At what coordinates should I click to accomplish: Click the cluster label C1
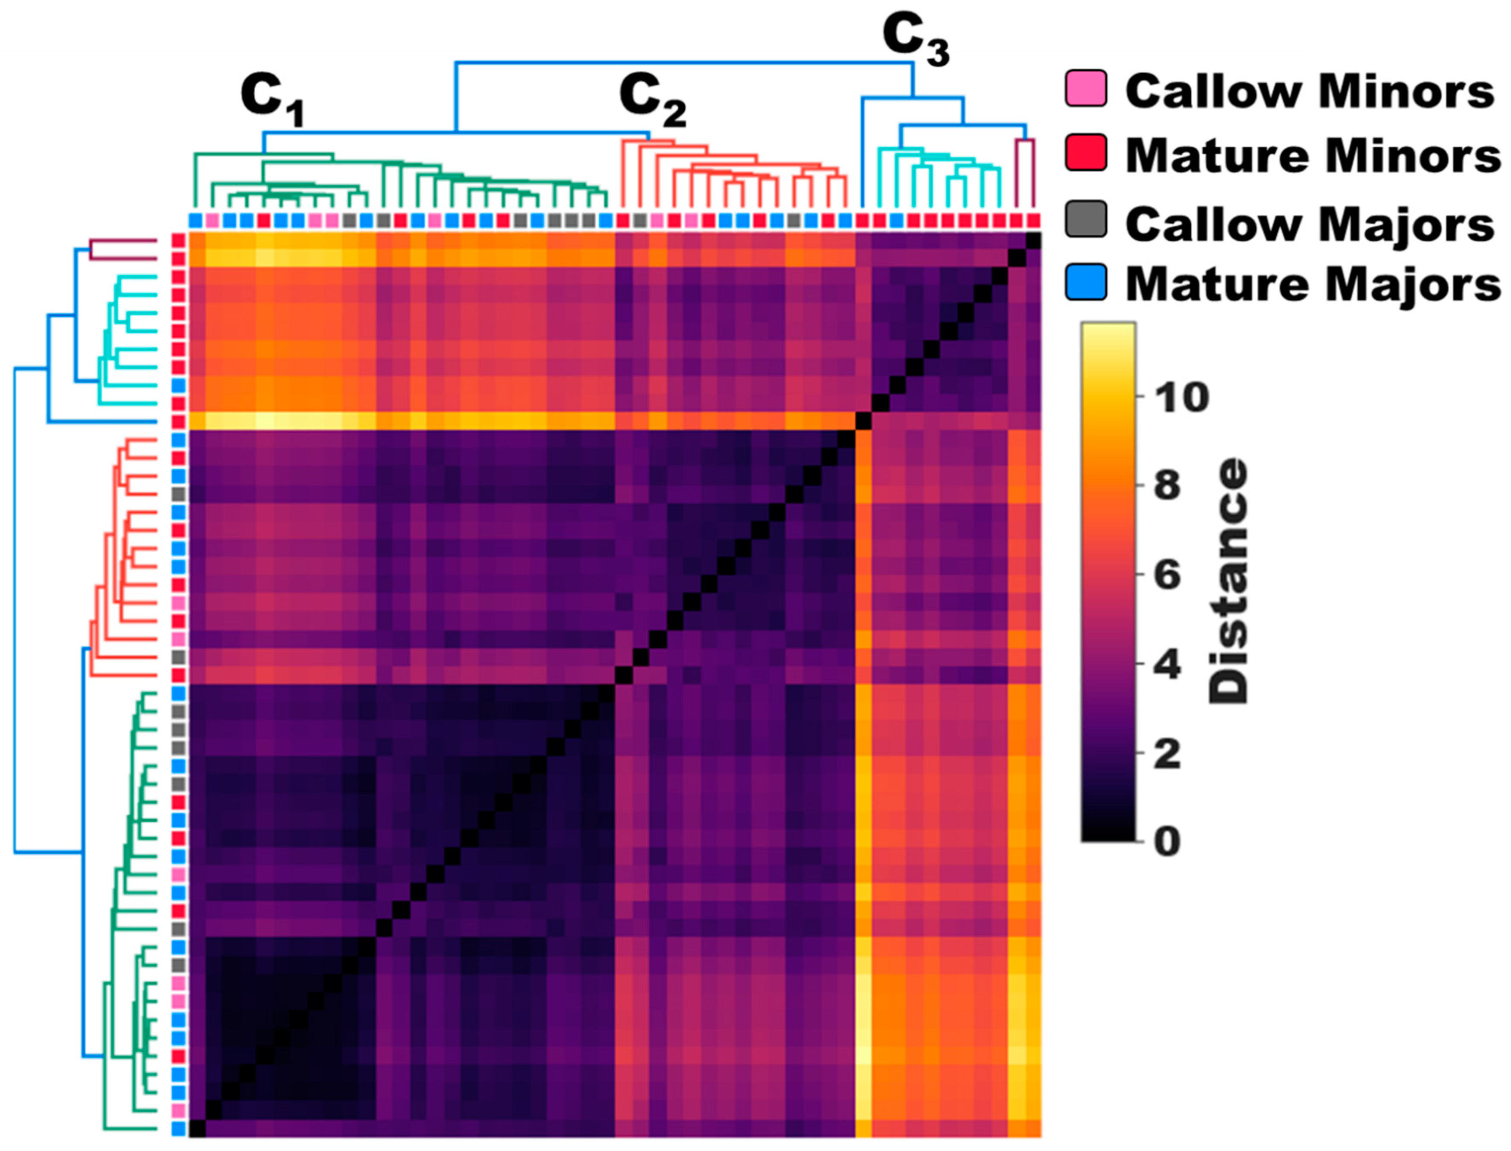[x=272, y=101]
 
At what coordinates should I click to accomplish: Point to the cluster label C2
[x=651, y=101]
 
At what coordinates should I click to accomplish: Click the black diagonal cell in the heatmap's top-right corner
[x=1033, y=242]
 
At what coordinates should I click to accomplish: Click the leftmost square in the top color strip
[x=196, y=220]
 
